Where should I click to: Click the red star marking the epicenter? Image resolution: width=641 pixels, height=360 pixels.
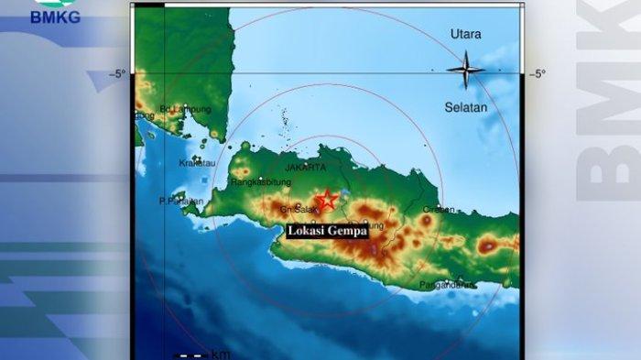coord(327,200)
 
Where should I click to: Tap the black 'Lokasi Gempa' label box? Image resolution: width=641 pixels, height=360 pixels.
coord(328,231)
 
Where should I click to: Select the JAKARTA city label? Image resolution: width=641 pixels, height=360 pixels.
coord(305,168)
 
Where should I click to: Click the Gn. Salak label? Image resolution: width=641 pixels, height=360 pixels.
coord(299,210)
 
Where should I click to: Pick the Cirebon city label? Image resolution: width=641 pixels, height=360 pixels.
coord(439,209)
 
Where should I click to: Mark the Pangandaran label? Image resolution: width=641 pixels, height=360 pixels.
coord(447,285)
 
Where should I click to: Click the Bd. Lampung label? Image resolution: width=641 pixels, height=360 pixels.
coord(186,109)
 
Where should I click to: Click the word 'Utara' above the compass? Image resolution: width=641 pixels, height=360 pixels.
coord(465,35)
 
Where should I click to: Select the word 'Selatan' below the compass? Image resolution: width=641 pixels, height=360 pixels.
coord(466,107)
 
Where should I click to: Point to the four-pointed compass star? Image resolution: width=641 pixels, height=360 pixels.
coord(465,70)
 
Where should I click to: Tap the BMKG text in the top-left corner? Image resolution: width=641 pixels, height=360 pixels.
coord(55,16)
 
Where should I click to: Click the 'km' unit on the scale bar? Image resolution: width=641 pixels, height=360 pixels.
coord(221,354)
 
